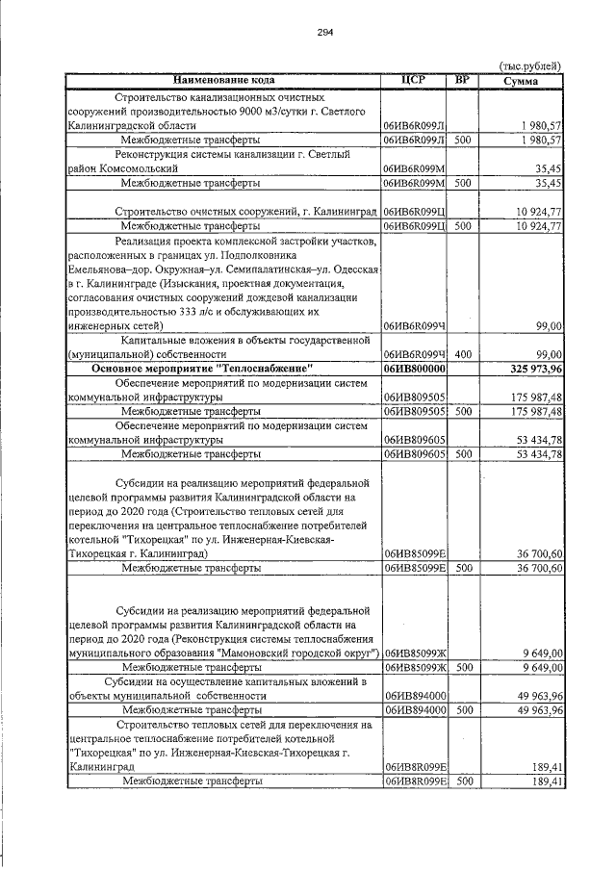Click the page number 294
[x=324, y=32]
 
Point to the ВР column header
[x=463, y=80]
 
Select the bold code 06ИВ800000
[x=414, y=369]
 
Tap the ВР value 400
[x=463, y=354]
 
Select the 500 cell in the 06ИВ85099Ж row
[x=463, y=666]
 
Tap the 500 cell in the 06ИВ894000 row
[x=463, y=709]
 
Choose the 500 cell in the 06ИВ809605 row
[x=463, y=453]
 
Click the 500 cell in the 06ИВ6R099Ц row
[x=463, y=225]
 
